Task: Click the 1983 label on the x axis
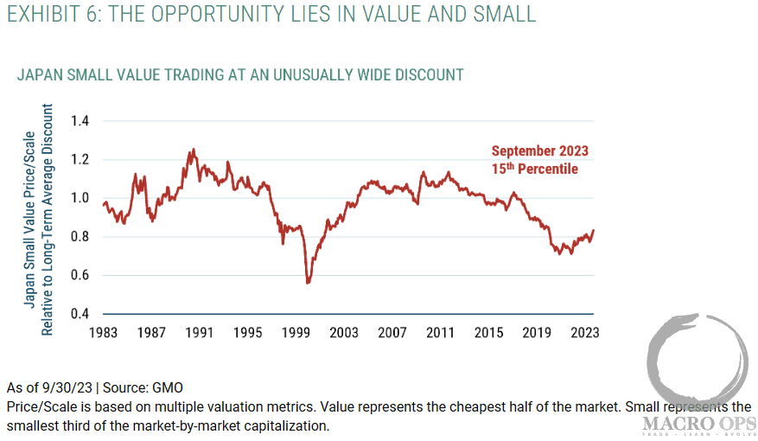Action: pyautogui.click(x=103, y=332)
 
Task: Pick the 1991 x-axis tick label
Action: pyautogui.click(x=199, y=332)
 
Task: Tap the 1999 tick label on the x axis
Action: pyautogui.click(x=296, y=332)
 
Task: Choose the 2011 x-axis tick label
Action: pyautogui.click(x=440, y=332)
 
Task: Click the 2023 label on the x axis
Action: pyautogui.click(x=584, y=332)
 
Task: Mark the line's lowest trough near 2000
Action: pyautogui.click(x=308, y=283)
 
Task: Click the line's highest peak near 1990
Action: pyautogui.click(x=193, y=149)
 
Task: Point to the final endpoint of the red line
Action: pyautogui.click(x=594, y=230)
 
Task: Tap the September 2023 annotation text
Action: pyautogui.click(x=540, y=150)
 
